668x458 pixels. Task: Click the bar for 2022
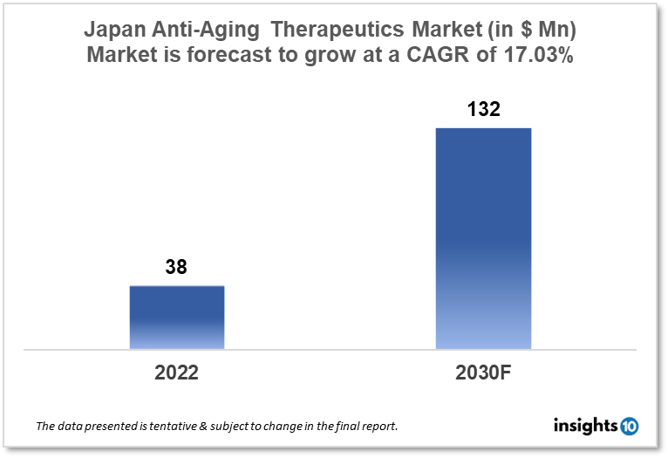tap(177, 318)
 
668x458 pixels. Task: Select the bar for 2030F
tap(483, 238)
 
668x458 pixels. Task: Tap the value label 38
tap(176, 268)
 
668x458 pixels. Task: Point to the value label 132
tap(483, 110)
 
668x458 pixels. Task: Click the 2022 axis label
tap(177, 373)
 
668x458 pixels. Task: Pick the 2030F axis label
tap(483, 373)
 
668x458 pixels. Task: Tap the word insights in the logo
tap(585, 426)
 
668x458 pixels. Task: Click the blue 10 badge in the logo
tap(629, 426)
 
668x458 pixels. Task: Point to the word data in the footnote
tap(72, 427)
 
